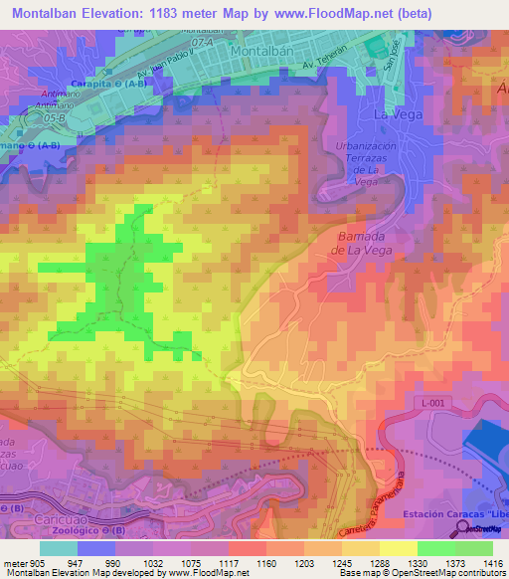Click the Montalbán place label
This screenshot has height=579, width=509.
263,50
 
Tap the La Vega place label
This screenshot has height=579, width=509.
397,114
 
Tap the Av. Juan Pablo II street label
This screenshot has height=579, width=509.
164,74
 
